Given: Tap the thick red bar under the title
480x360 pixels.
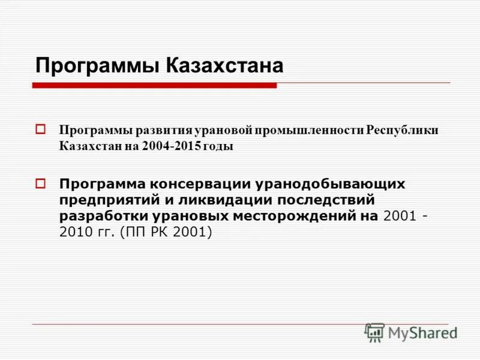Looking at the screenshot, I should [154, 86].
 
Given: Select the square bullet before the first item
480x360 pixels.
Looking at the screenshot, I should [41, 129].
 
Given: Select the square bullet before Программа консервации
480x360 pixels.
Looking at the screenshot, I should [41, 182].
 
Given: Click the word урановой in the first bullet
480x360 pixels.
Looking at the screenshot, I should [223, 131].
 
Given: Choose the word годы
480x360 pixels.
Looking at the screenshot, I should [218, 146].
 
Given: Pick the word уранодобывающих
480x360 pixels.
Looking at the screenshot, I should [334, 184].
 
